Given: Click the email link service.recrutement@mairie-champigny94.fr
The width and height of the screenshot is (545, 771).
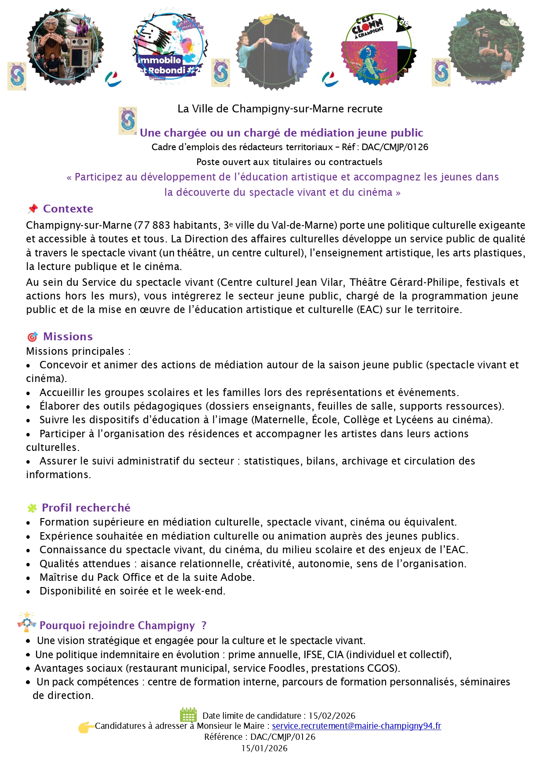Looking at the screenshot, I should pos(356,726).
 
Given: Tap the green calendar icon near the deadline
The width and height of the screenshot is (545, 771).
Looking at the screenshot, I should pos(188,714).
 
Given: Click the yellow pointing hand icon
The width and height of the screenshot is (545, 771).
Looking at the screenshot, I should pos(86,727).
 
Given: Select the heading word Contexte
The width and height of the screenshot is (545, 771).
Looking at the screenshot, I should pos(68,209).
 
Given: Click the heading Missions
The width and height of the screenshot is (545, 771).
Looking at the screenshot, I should pos(68,336).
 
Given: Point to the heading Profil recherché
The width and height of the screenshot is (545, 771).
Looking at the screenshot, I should pos(86,508).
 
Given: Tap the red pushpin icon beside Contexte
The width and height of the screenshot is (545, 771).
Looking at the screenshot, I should pos(33,209).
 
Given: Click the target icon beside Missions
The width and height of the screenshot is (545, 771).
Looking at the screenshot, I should pos(32,337).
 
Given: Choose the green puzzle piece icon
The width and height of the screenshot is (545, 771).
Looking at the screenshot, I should pos(32,508).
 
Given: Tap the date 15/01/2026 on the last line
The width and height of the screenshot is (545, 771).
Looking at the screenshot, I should pos(264,748).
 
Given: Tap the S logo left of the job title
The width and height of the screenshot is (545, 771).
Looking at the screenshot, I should pos(128,121).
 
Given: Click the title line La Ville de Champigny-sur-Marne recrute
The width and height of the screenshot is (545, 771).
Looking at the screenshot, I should pos(280,109).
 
